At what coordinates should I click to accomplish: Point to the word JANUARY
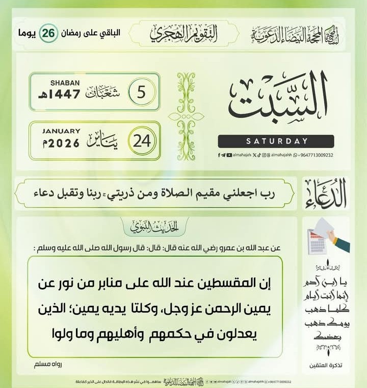click(62, 131)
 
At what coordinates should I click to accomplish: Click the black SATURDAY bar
click(276, 141)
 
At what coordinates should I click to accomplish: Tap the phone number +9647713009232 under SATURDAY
click(312, 155)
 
